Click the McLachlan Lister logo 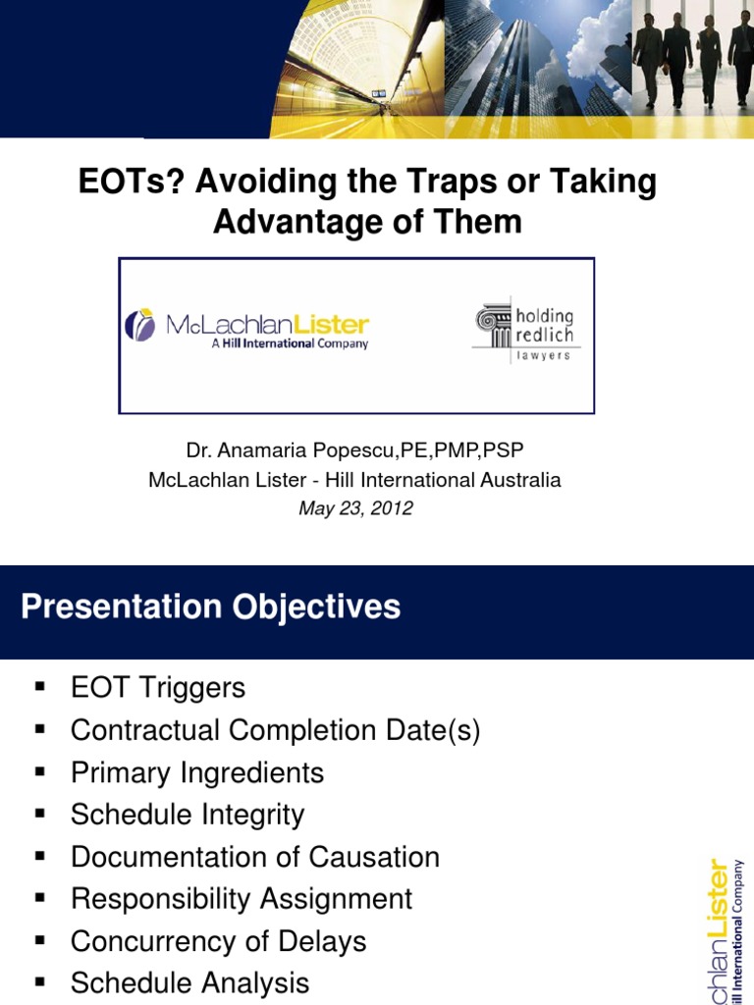click(246, 328)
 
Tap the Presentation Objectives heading click(211, 607)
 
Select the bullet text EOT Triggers click(158, 688)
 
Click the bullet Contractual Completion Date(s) click(275, 731)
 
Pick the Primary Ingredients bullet click(197, 773)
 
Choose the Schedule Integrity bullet click(188, 816)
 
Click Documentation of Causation click(255, 858)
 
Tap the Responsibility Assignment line click(242, 900)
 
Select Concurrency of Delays click(218, 942)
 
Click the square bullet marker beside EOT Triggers click(40, 687)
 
